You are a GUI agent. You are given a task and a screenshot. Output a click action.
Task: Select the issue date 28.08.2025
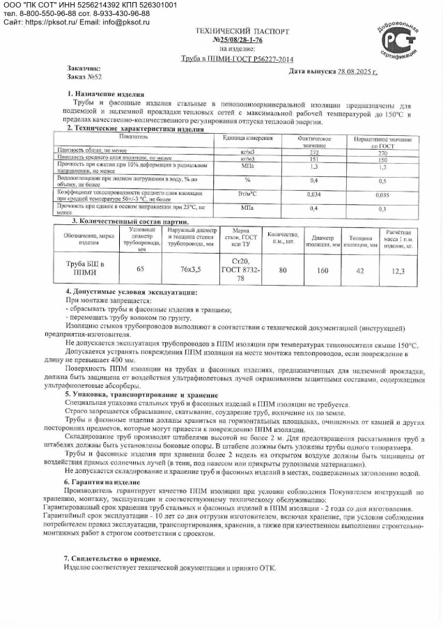pyautogui.click(x=353, y=72)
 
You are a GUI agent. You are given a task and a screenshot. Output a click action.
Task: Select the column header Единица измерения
pyautogui.click(x=243, y=139)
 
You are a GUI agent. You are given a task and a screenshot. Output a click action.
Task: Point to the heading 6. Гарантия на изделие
pyautogui.click(x=102, y=482)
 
